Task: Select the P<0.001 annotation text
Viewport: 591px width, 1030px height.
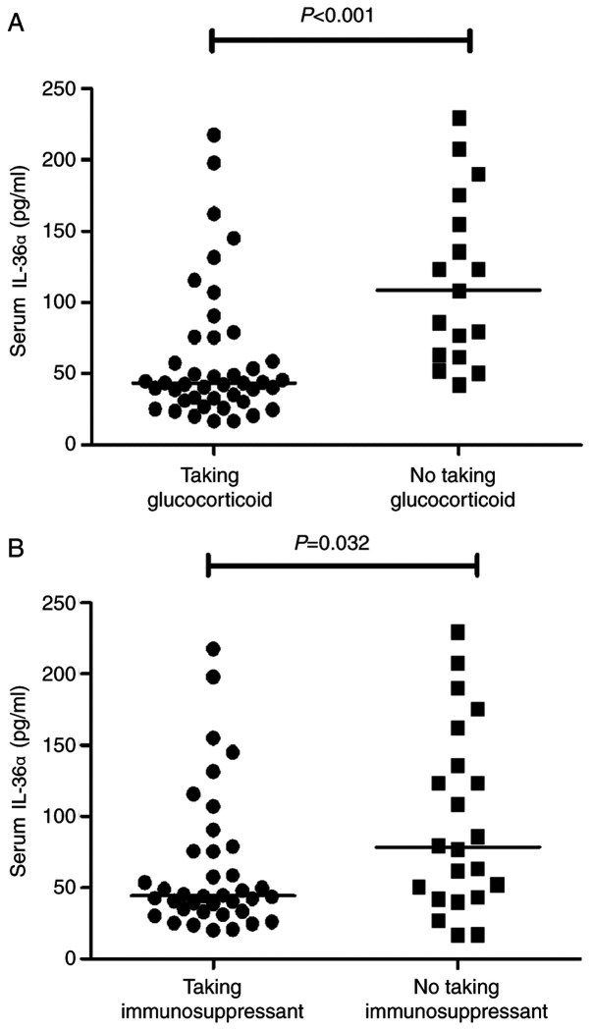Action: click(x=341, y=15)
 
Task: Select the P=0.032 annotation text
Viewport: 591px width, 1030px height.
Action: click(x=341, y=542)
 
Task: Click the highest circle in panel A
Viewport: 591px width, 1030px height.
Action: click(x=214, y=135)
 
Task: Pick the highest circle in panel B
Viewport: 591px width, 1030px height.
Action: click(x=213, y=649)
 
